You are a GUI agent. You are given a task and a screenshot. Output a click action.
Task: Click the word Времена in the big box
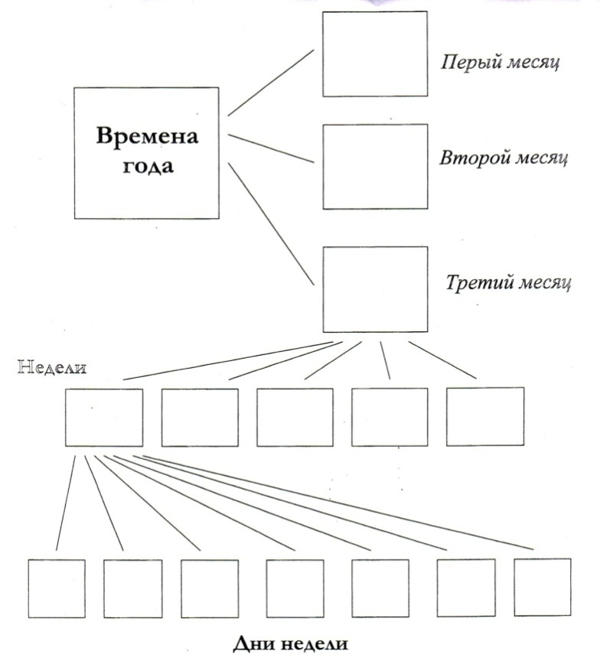coord(147,136)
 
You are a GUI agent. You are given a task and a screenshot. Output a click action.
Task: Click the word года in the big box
coord(148,165)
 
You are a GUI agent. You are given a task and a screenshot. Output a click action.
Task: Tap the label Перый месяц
coord(500,63)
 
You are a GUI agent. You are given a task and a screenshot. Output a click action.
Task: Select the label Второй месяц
coord(504,158)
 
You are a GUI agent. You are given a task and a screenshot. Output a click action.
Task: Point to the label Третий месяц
coord(508,282)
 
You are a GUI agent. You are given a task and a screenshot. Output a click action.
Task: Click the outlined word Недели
coord(52,367)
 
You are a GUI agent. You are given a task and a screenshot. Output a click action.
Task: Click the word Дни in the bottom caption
coord(253,643)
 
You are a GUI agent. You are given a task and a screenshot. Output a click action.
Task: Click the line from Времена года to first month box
coord(271,83)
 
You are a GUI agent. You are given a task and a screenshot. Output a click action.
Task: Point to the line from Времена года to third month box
coord(271,224)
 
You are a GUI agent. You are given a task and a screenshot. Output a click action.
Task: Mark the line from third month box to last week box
coord(442,360)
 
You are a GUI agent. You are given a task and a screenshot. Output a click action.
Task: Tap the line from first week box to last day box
coord(338,503)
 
